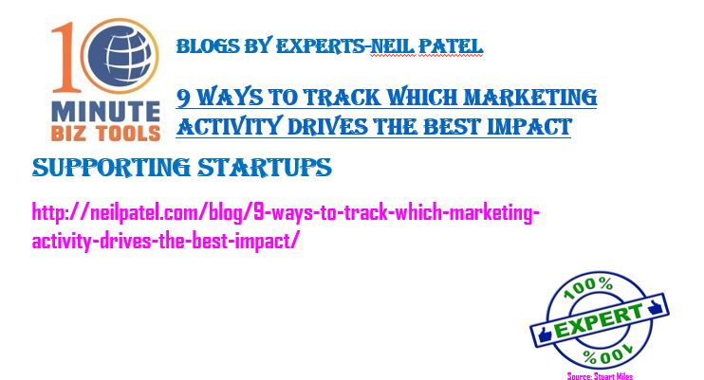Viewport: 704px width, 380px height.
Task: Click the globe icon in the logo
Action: point(120,56)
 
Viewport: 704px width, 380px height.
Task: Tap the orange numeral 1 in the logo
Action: point(65,57)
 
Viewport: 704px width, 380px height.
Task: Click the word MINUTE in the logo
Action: point(106,112)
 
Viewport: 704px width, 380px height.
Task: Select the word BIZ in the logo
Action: point(67,134)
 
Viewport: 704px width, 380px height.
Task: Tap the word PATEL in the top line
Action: point(451,46)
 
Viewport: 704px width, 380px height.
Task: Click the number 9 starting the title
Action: point(184,98)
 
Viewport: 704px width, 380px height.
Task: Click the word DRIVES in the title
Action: point(327,127)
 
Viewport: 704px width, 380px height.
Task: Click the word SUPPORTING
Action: point(112,168)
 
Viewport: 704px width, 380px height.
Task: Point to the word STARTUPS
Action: point(265,168)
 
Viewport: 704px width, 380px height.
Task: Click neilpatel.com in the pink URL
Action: point(147,212)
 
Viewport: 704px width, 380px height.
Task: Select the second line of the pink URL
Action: point(164,241)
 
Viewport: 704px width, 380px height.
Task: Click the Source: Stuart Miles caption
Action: point(600,376)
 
